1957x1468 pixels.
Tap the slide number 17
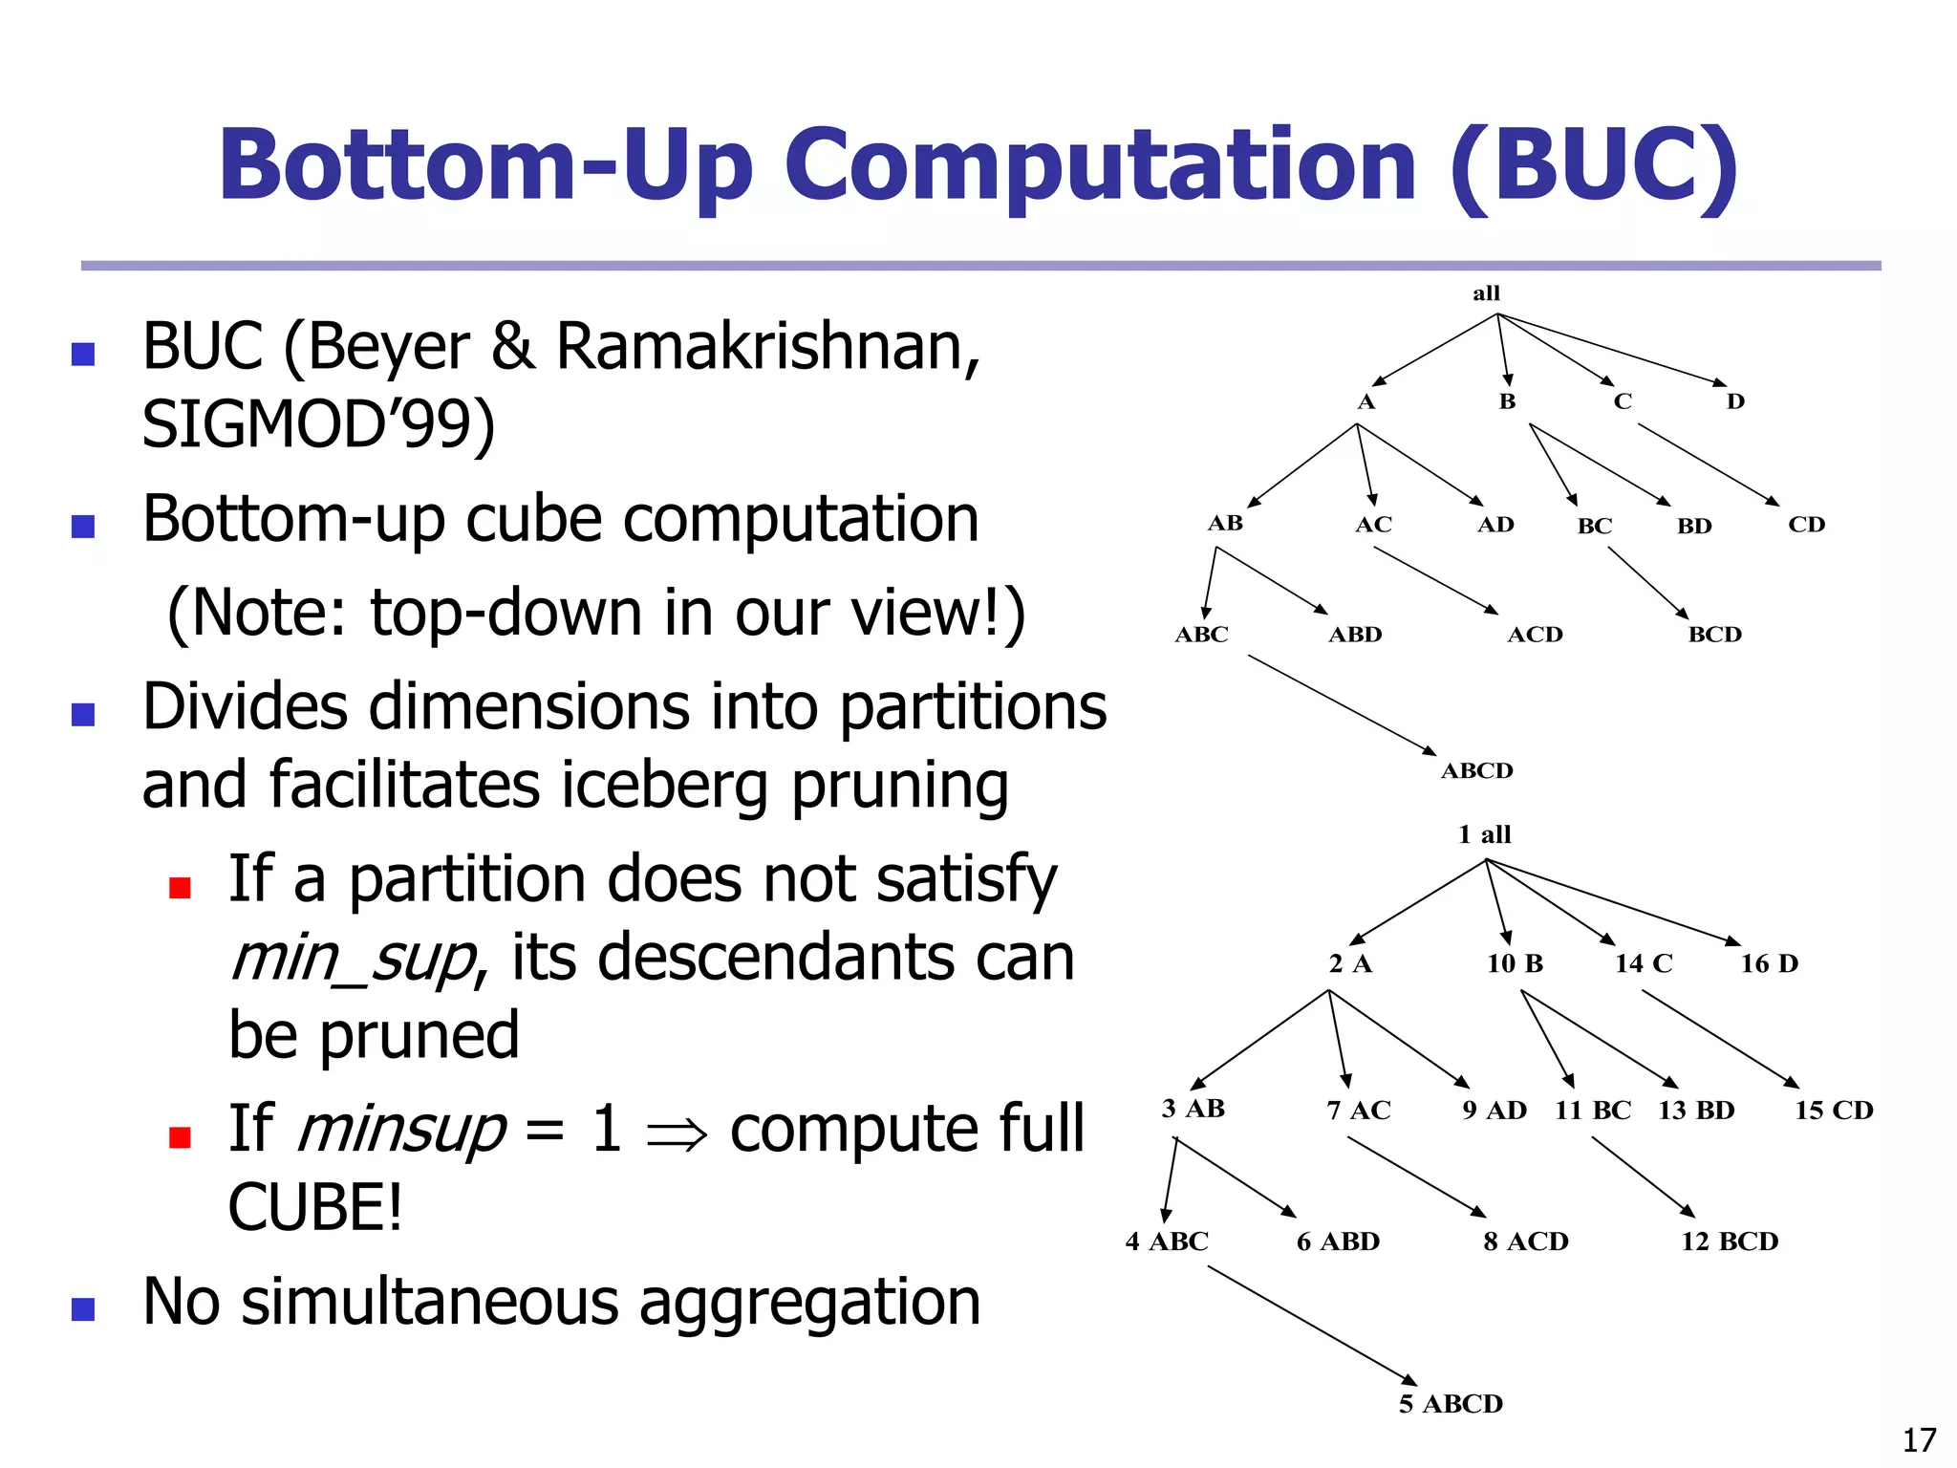click(x=1919, y=1439)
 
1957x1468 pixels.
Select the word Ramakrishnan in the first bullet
click(x=767, y=346)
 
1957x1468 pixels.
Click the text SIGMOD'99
click(x=318, y=424)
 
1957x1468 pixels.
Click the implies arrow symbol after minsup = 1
click(x=677, y=1133)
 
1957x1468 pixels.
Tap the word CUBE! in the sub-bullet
click(x=315, y=1208)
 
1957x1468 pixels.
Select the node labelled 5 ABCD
click(x=1451, y=1404)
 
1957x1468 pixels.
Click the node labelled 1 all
click(x=1484, y=834)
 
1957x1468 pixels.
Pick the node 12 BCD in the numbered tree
click(x=1730, y=1241)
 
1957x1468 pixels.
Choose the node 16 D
click(x=1769, y=963)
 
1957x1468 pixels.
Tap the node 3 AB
click(x=1193, y=1109)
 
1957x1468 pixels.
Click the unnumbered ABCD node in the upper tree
click(x=1476, y=770)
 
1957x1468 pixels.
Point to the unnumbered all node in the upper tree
click(x=1486, y=293)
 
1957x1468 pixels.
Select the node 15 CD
click(x=1834, y=1111)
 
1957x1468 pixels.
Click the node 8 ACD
click(x=1525, y=1241)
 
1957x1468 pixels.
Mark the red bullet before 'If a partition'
click(x=180, y=888)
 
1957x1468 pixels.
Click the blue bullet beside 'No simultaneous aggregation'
click(x=83, y=1308)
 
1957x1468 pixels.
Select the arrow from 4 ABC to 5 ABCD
click(x=1312, y=1325)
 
